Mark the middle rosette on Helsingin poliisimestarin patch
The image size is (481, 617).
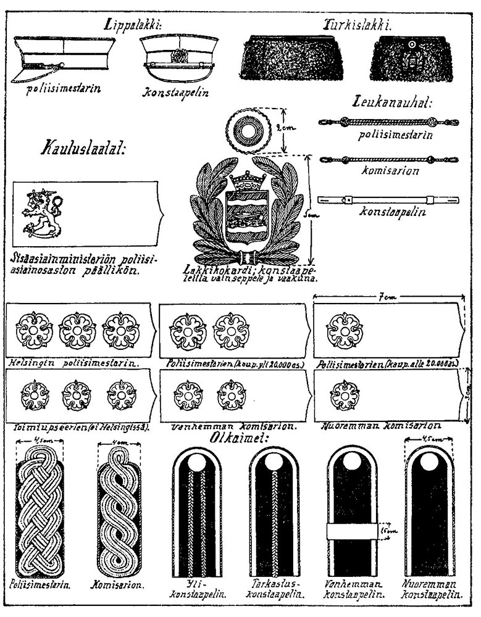point(77,331)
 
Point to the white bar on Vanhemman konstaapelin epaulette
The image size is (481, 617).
point(351,529)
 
